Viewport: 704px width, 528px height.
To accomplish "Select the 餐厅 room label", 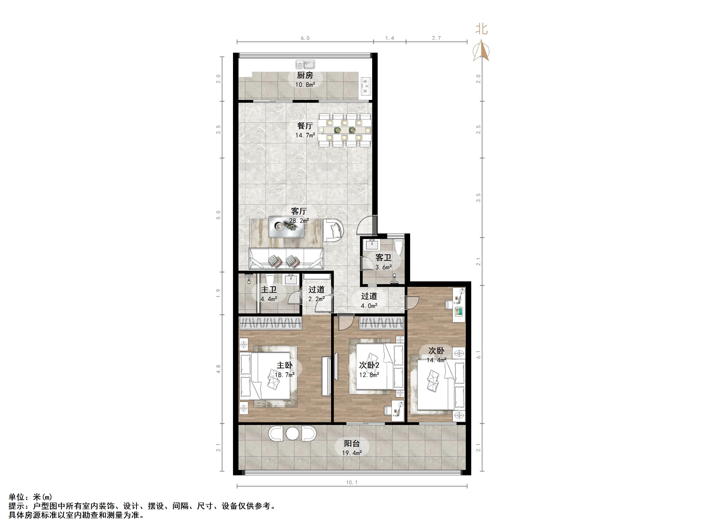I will pos(305,126).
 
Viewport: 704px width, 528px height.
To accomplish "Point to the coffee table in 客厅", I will pos(286,227).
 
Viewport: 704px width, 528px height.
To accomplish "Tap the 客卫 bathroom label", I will pos(383,258).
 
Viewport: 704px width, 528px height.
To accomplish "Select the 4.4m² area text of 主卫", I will pos(269,299).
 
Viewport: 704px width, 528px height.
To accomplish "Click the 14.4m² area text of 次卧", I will pos(436,360).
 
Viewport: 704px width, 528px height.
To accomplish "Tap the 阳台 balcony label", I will pos(352,443).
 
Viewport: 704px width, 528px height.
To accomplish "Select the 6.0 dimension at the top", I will pos(305,38).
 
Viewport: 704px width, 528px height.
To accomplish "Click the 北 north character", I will pos(481,29).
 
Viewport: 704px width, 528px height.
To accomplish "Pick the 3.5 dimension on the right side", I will pos(478,197).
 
